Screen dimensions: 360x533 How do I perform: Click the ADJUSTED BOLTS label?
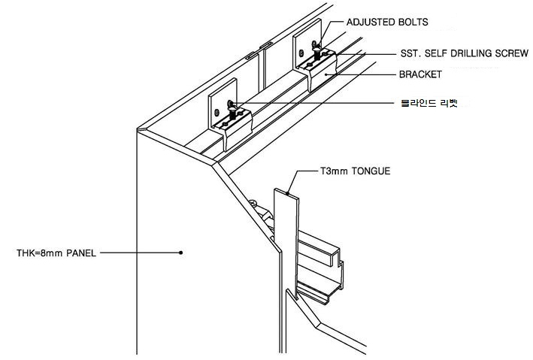[x=386, y=23]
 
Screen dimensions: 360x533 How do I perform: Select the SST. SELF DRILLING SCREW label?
[x=464, y=54]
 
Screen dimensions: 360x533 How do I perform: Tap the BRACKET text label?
[x=421, y=76]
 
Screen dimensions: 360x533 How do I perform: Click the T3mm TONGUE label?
[x=354, y=171]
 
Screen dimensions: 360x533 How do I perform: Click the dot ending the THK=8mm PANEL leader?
[x=181, y=253]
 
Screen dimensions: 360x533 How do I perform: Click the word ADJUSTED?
[x=368, y=23]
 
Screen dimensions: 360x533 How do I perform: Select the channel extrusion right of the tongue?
[x=323, y=271]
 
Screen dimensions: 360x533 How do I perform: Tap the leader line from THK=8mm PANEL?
[x=139, y=253]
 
